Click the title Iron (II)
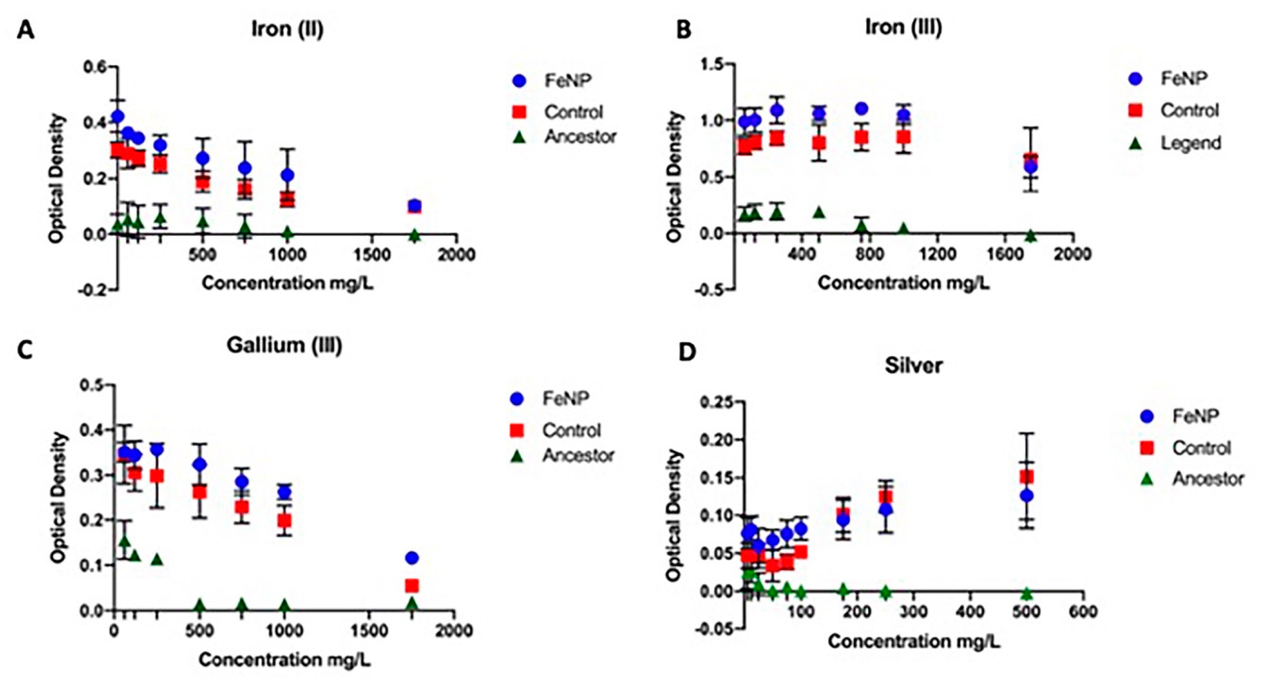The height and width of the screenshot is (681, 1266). pos(288,29)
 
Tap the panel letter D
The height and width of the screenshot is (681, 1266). pos(687,352)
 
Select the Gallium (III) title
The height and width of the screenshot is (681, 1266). pos(284,346)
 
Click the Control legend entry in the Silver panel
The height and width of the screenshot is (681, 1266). pos(1201,448)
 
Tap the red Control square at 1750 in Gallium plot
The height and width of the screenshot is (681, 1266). pos(412,586)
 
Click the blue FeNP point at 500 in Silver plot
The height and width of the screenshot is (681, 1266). pos(1027,496)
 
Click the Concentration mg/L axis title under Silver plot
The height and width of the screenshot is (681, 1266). pos(914,641)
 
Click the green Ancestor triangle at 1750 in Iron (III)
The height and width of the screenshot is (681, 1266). pos(1031,236)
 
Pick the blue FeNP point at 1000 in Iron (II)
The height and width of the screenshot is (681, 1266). pos(288,175)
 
